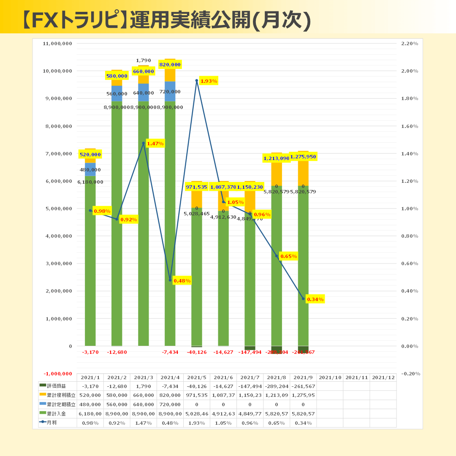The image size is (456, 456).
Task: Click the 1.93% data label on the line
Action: [209, 81]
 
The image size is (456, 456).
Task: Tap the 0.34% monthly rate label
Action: [315, 299]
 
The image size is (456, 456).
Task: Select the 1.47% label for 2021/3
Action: [155, 144]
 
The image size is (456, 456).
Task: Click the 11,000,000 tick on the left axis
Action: [58, 43]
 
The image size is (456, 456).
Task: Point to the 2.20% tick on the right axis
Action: [409, 43]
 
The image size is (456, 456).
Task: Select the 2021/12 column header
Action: [383, 377]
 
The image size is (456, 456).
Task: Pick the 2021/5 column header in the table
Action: [196, 377]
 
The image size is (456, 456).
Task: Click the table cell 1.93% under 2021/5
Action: [196, 423]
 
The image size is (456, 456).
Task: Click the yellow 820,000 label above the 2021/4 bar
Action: [170, 65]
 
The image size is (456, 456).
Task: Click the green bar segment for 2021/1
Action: [90, 262]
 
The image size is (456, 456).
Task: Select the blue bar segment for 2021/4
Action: [170, 91]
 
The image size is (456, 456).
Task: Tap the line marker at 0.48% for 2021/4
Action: [170, 280]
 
